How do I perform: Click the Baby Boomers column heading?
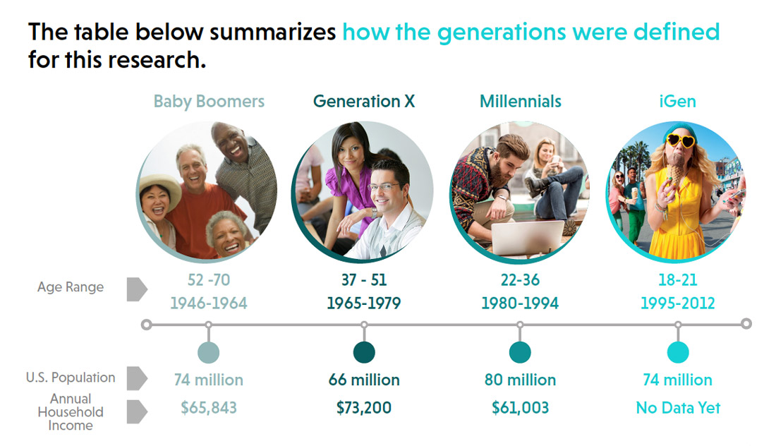coord(209,102)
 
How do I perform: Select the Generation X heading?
coord(364,101)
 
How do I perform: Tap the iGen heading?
coord(677,101)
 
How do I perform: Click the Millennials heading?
coord(520,101)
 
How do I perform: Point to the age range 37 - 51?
coord(364,279)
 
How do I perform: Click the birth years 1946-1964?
coord(208,303)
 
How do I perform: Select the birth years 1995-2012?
coord(677,303)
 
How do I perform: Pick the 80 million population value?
coord(520,380)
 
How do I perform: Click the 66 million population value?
coord(364,380)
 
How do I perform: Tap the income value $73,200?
coord(364,407)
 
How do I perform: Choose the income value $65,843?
coord(208,407)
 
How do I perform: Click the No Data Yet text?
coord(678,407)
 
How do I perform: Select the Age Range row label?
coord(71,287)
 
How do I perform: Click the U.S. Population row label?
coord(71,377)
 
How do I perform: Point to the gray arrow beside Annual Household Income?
coord(137,411)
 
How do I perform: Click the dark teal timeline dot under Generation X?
coord(364,352)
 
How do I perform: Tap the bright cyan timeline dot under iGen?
coord(678,352)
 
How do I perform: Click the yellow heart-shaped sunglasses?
coord(680,140)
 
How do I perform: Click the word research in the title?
coord(156,60)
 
